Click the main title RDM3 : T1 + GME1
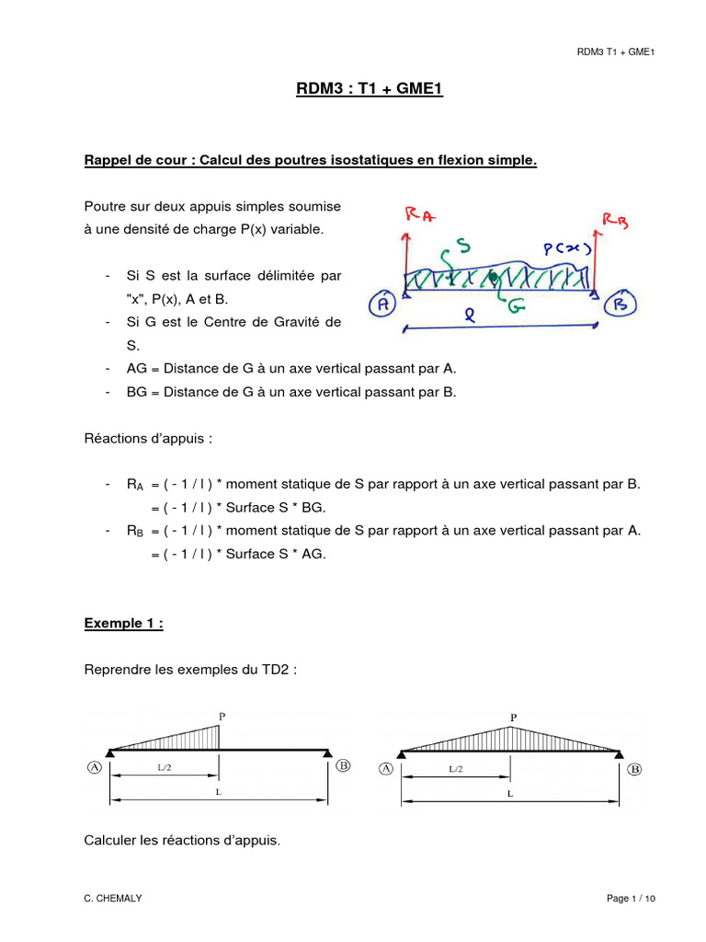pos(353,90)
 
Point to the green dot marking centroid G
pos(494,275)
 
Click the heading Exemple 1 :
pos(124,623)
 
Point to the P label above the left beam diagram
pos(222,715)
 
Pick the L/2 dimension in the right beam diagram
pos(456,768)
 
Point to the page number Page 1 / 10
pos(632,898)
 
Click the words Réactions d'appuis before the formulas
pos(148,439)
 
